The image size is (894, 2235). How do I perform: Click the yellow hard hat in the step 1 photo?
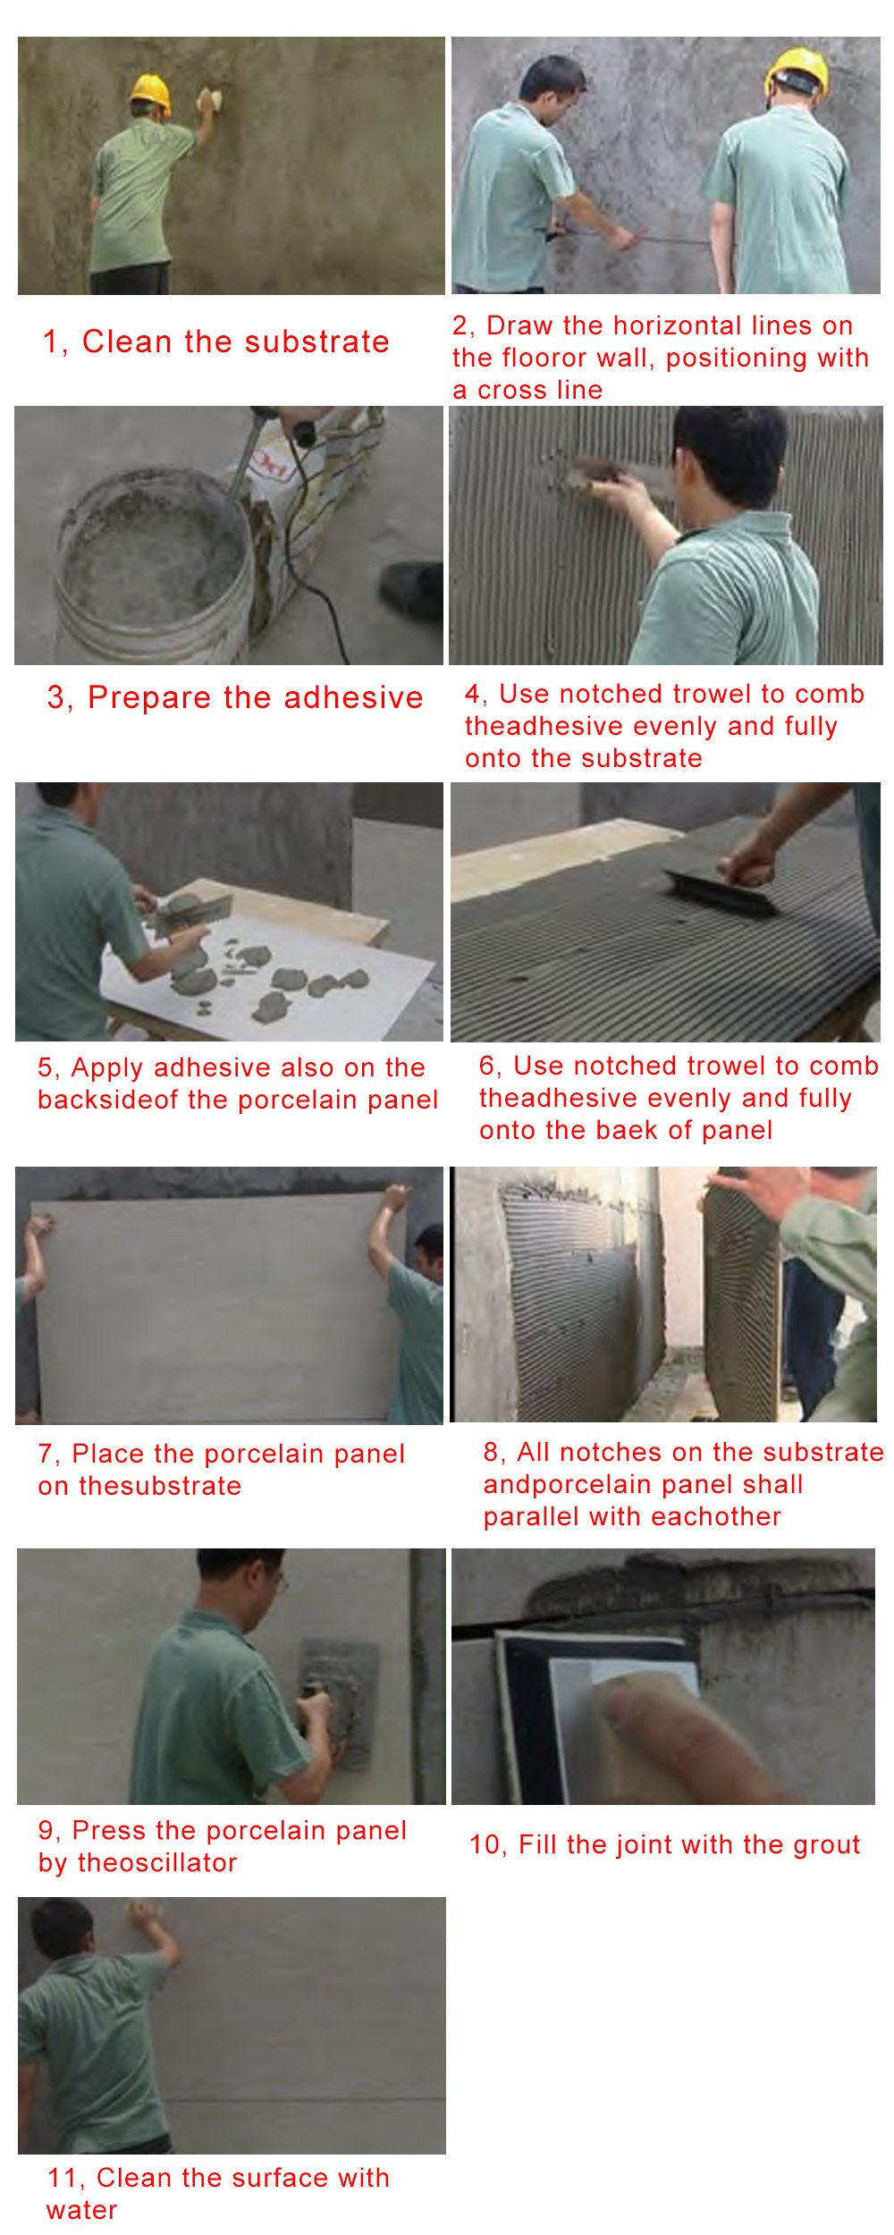[150, 93]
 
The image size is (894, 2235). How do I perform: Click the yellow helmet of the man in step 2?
[797, 70]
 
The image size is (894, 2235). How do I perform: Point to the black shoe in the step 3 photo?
[412, 589]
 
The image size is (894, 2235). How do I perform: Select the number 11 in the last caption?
[63, 2179]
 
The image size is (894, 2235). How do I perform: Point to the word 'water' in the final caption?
[81, 2211]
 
